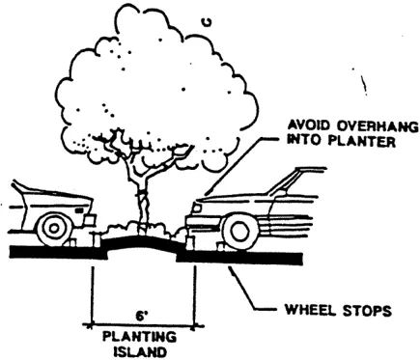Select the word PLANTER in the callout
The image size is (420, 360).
click(350, 139)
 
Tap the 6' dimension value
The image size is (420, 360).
click(142, 315)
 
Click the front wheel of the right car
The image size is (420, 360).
click(240, 230)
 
